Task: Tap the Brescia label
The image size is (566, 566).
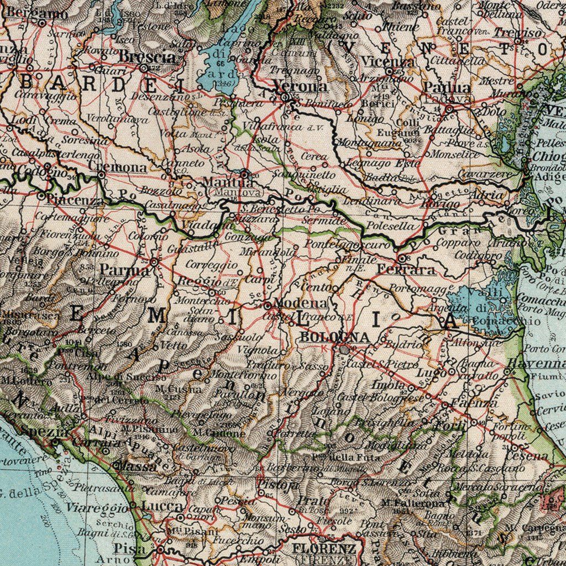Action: coord(147,57)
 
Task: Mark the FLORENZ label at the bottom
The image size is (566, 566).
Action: coord(324,549)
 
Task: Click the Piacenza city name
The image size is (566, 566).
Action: coord(75,200)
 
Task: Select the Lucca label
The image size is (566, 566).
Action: coord(162,506)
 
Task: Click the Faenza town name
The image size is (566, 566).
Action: coord(468,403)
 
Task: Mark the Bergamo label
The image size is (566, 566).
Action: coord(37,12)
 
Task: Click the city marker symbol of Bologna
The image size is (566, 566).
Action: coord(345,349)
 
